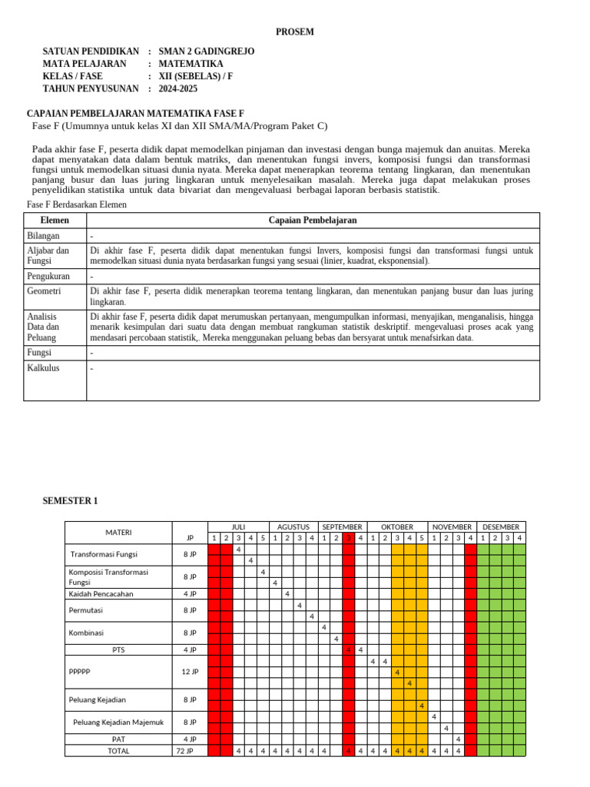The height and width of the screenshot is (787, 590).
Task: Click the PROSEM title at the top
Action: (x=295, y=32)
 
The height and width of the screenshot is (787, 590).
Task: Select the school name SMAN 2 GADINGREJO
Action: (x=206, y=51)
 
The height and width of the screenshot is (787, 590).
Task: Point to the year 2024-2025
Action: (x=178, y=89)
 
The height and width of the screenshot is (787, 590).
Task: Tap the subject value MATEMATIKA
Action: (x=191, y=64)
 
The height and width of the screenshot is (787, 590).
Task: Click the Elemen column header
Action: (x=55, y=221)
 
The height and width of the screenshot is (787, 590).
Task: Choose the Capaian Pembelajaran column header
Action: (x=313, y=221)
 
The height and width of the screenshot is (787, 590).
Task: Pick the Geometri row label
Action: (x=44, y=291)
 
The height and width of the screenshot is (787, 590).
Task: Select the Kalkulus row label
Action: (x=43, y=368)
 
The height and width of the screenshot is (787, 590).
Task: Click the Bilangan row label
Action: (x=43, y=236)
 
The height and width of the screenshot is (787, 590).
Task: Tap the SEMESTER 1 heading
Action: (x=70, y=501)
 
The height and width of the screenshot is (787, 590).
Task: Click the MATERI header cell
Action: (x=118, y=532)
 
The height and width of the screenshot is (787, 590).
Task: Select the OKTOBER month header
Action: (x=397, y=526)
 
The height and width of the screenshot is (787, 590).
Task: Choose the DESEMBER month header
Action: (x=501, y=526)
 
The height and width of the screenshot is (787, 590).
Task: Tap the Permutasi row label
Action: (x=85, y=610)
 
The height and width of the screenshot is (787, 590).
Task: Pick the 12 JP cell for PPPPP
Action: (x=190, y=672)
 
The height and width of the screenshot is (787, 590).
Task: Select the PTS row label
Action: (x=118, y=649)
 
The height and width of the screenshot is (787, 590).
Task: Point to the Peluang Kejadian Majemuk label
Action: (x=118, y=722)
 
